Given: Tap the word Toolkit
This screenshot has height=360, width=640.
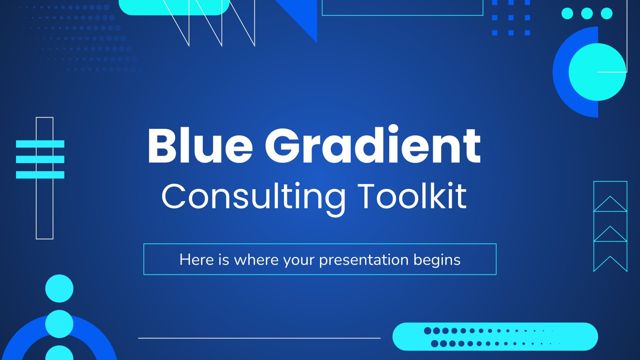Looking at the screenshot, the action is [412, 196].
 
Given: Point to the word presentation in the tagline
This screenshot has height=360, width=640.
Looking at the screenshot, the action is [364, 260].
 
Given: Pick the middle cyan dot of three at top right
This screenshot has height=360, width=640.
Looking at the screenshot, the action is [587, 14].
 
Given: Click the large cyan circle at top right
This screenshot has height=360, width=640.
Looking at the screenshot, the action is [598, 72].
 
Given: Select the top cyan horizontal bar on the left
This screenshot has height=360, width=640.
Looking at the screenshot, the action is [40, 144].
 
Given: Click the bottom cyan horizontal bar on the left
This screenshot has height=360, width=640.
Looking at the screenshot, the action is [40, 174].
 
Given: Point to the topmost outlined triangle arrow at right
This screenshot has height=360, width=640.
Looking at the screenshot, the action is [610, 204].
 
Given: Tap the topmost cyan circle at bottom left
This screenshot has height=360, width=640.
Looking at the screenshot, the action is [59, 288].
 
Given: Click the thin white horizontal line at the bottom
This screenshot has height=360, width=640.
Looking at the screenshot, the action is [260, 338].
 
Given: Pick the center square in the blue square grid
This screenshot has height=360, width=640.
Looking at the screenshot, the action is [511, 18].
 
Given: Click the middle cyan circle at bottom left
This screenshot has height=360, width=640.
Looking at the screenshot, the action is [59, 324].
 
